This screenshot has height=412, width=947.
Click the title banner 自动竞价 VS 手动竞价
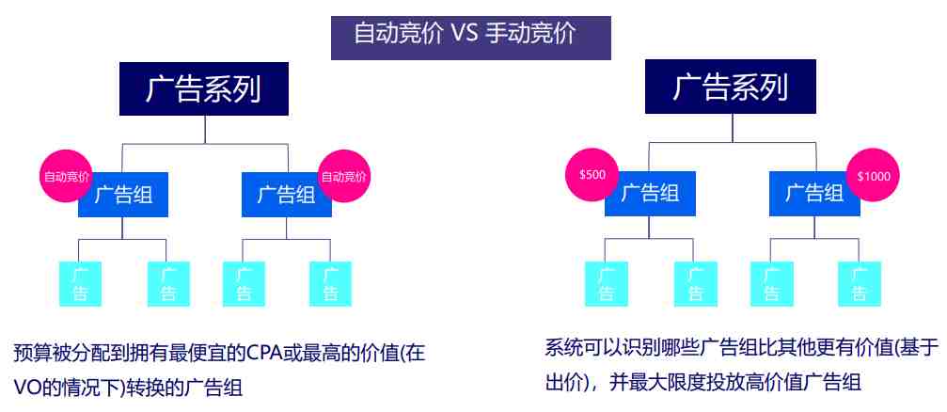click(x=470, y=38)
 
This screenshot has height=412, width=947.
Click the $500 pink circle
click(x=592, y=175)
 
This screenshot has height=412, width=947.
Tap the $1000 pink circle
click(x=874, y=176)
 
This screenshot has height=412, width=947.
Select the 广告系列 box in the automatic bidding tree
click(x=204, y=88)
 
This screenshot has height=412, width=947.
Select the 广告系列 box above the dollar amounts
click(x=730, y=87)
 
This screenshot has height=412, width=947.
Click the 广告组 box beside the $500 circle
click(x=650, y=194)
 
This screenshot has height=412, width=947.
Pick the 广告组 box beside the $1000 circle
click(x=814, y=194)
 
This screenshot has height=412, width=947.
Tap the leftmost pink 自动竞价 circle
click(x=67, y=177)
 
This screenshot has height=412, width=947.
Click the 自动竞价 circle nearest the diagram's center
click(x=343, y=177)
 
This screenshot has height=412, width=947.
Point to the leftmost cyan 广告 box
click(x=80, y=284)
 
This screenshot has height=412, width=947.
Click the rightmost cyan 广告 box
click(x=860, y=284)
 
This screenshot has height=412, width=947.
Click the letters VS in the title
click(x=465, y=34)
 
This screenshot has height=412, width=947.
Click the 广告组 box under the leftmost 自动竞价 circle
click(x=123, y=195)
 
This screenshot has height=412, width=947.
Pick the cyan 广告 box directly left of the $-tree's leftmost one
click(x=330, y=284)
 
